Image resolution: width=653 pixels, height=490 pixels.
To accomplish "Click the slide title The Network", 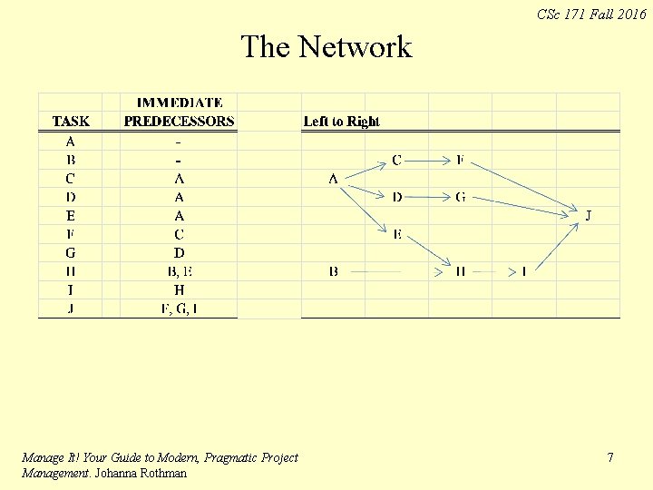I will click(x=326, y=46).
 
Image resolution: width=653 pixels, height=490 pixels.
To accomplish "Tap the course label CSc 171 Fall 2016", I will click(x=591, y=14).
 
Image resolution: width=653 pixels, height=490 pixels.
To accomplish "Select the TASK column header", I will click(x=71, y=121).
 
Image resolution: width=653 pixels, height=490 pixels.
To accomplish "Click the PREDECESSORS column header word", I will click(x=179, y=121).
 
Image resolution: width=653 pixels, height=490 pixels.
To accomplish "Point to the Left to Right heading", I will click(x=341, y=122).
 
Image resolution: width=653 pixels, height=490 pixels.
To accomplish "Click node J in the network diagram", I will click(x=589, y=216).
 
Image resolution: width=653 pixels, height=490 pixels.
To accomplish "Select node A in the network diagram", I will click(x=334, y=179).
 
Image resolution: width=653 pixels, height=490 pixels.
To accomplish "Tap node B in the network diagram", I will click(x=334, y=271).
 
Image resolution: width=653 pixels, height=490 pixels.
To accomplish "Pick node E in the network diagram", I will click(x=397, y=235).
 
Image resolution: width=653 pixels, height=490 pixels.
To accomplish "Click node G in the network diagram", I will click(x=461, y=197).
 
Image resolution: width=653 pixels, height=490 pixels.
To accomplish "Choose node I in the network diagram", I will click(x=524, y=271).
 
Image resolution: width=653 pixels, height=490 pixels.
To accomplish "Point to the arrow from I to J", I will click(x=556, y=246).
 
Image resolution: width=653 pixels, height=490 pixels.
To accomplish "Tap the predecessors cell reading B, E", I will click(x=180, y=271).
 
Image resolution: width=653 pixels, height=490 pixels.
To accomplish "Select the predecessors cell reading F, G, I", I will click(x=180, y=309).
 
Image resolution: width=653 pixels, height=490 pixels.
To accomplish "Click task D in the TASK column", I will click(x=71, y=197).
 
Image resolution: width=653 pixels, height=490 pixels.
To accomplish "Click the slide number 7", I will click(x=610, y=458).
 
